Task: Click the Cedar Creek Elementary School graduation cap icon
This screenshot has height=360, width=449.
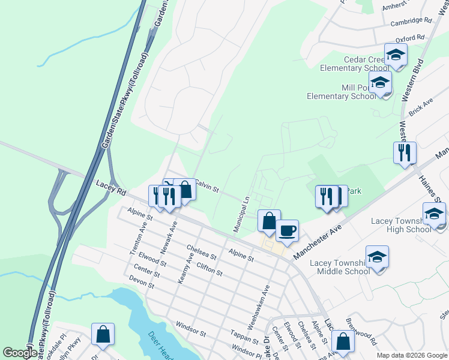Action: pos(396,55)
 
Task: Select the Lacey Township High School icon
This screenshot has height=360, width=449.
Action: pos(435,214)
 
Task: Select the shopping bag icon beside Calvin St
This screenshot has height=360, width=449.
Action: pos(185,190)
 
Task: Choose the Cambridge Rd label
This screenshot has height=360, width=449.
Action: pos(411,22)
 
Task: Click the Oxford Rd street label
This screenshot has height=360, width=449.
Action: pos(409,38)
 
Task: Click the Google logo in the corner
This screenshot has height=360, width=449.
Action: pos(20,353)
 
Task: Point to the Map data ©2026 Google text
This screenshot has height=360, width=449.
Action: pos(412,355)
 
